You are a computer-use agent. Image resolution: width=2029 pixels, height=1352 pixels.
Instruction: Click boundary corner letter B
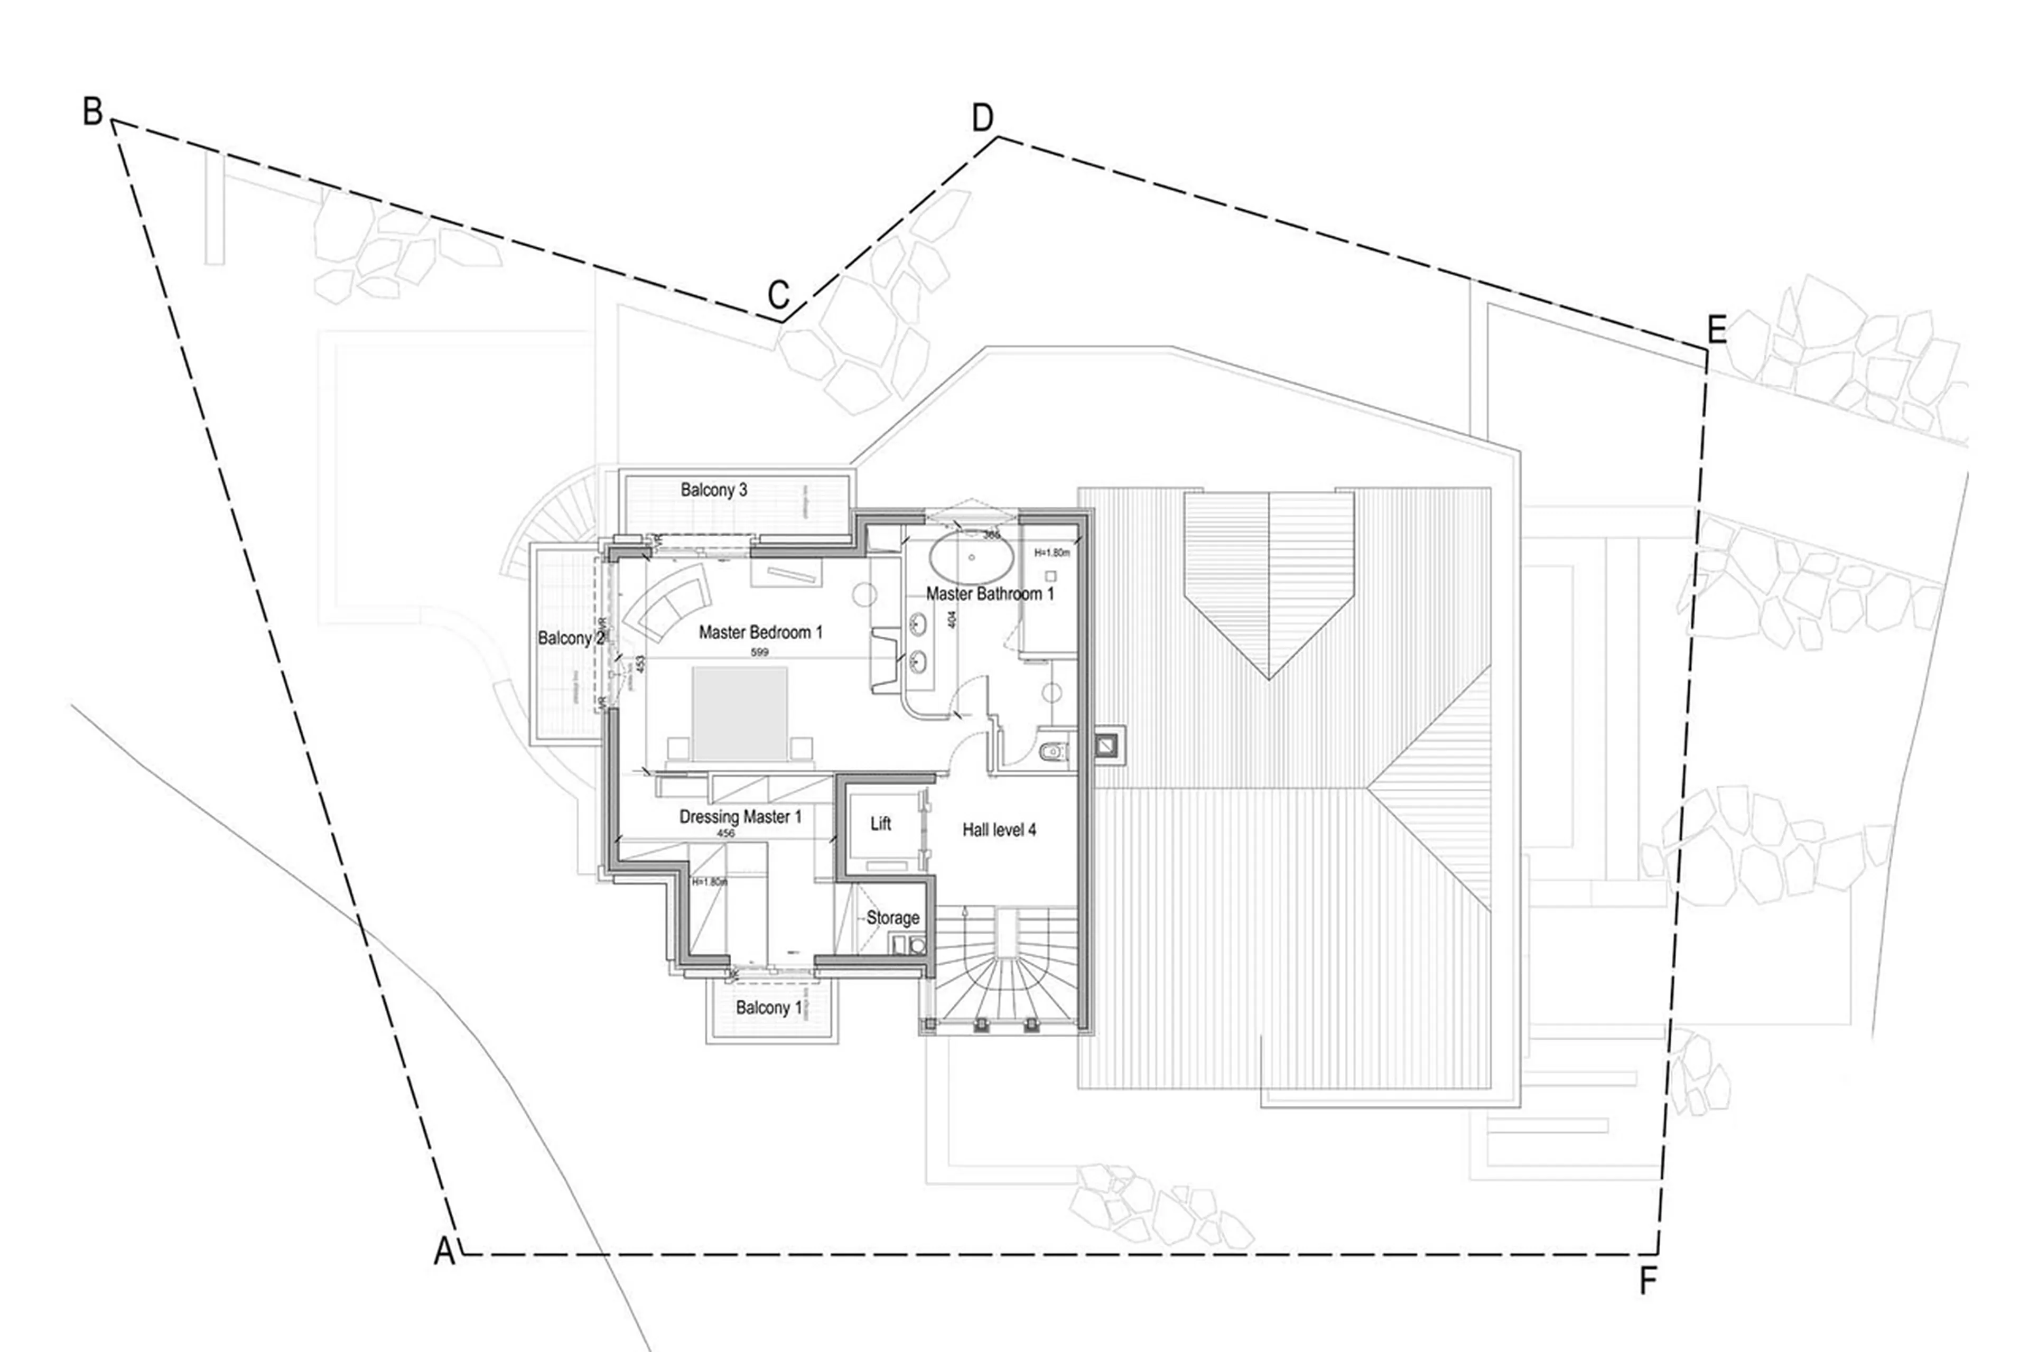(92, 111)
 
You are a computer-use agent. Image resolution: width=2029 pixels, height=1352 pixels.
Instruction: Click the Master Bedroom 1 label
(760, 632)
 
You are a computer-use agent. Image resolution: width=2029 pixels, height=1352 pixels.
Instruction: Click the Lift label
(880, 824)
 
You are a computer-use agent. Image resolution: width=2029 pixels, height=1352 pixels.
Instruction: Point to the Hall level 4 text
(999, 829)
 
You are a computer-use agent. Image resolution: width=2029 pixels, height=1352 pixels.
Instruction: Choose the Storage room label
(892, 917)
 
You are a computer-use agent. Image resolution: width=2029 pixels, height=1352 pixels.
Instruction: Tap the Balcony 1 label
(768, 1007)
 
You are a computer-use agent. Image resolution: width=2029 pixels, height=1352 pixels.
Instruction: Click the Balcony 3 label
(713, 490)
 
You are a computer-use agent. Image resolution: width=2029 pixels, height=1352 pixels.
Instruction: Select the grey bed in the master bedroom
(740, 713)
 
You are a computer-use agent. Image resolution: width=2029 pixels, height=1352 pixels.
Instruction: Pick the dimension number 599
(759, 652)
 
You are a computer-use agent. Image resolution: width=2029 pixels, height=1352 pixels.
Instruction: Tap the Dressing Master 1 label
(740, 816)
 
